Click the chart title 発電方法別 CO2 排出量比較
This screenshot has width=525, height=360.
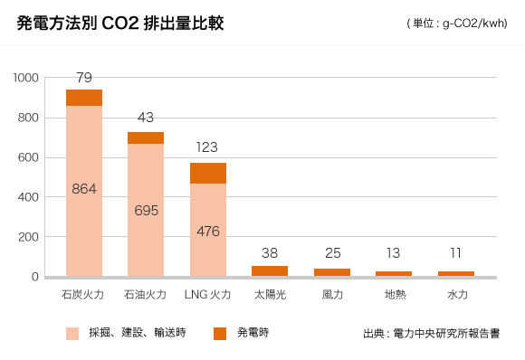[119, 24]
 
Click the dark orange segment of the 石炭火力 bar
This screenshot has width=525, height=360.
[84, 98]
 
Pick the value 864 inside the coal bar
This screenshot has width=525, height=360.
[84, 188]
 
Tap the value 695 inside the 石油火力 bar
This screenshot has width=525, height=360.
[146, 210]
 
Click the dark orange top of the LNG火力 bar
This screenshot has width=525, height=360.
[207, 173]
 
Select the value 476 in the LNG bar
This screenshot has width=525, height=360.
[207, 231]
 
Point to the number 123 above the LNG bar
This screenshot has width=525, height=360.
[206, 147]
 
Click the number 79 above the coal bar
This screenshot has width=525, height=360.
[84, 77]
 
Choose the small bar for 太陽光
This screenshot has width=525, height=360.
[270, 270]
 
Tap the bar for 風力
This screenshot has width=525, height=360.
[331, 271]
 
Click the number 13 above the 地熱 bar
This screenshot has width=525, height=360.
[394, 253]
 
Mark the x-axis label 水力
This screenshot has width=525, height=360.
[456, 295]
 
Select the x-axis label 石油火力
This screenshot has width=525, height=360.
[146, 295]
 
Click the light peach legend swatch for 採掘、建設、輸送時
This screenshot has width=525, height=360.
[72, 334]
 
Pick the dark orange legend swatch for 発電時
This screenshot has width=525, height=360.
[220, 334]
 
